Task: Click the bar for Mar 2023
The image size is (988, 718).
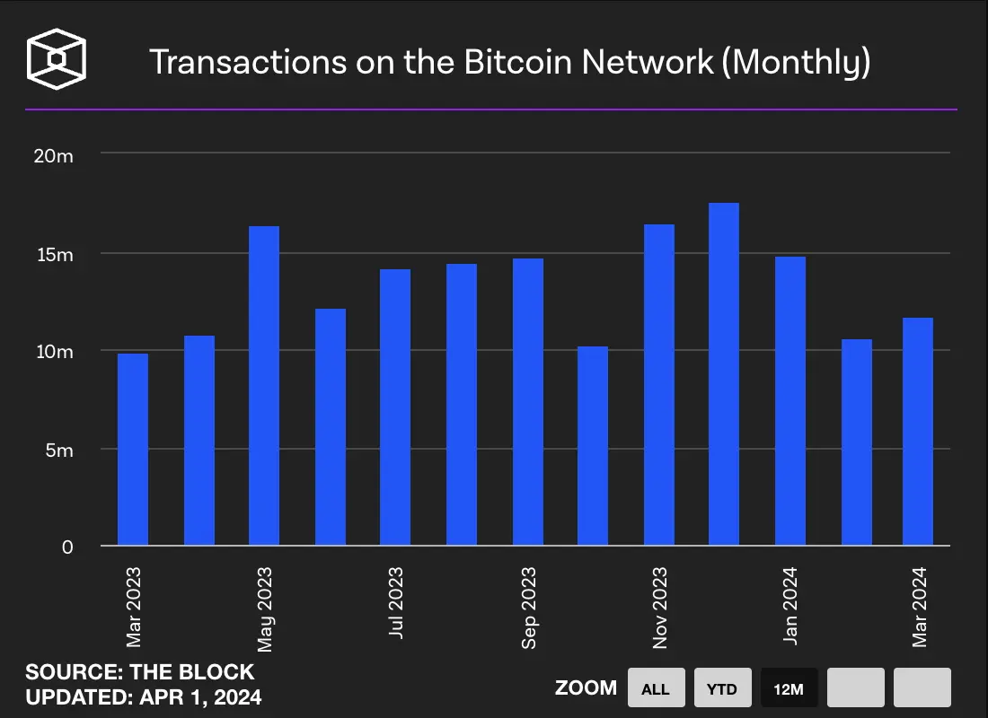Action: pyautogui.click(x=133, y=449)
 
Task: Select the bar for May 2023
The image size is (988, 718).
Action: pyautogui.click(x=264, y=386)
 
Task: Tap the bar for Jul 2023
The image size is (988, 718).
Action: pyautogui.click(x=395, y=407)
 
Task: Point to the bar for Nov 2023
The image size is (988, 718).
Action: pyautogui.click(x=659, y=385)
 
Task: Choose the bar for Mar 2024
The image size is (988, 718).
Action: pyautogui.click(x=918, y=432)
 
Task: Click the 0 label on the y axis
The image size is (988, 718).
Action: pyautogui.click(x=67, y=547)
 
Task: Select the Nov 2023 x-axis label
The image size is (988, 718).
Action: pyautogui.click(x=660, y=608)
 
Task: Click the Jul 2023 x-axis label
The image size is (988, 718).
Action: pyautogui.click(x=396, y=601)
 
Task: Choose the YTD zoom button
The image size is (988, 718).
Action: pyautogui.click(x=722, y=688)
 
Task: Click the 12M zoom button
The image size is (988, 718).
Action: pyautogui.click(x=789, y=688)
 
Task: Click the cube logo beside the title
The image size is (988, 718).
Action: pyautogui.click(x=57, y=61)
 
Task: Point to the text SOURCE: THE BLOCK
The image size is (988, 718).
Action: pyautogui.click(x=140, y=672)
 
